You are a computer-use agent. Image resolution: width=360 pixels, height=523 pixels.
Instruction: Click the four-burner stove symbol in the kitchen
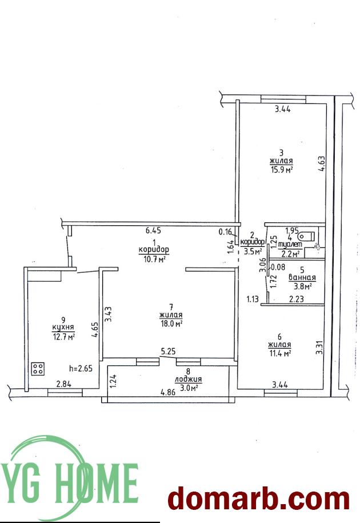pyautogui.click(x=38, y=369)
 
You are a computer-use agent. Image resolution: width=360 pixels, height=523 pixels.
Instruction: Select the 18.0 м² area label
pyautogui.click(x=171, y=324)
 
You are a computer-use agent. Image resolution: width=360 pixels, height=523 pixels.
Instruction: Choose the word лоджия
pyautogui.click(x=189, y=379)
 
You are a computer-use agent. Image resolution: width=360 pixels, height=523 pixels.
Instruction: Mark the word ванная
pyautogui.click(x=302, y=277)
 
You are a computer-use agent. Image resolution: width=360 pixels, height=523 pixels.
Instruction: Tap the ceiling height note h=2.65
pyautogui.click(x=81, y=369)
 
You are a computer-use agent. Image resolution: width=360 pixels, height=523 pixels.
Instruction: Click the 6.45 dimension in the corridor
pyautogui.click(x=153, y=230)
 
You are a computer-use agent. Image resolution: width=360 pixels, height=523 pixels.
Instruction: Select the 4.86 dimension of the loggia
pyautogui.click(x=169, y=393)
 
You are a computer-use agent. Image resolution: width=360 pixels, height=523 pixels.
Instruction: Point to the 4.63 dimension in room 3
pyautogui.click(x=321, y=163)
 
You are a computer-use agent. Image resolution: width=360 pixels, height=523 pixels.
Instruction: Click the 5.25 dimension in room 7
pyautogui.click(x=168, y=351)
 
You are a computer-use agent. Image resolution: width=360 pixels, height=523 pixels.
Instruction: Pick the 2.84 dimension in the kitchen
pyautogui.click(x=63, y=384)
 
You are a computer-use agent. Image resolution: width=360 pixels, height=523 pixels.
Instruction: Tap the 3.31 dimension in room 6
pyautogui.click(x=319, y=347)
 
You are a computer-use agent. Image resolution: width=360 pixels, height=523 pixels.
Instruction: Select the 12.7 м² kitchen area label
pyautogui.click(x=63, y=337)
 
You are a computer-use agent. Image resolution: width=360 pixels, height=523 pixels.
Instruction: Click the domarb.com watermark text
pyautogui.click(x=259, y=499)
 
